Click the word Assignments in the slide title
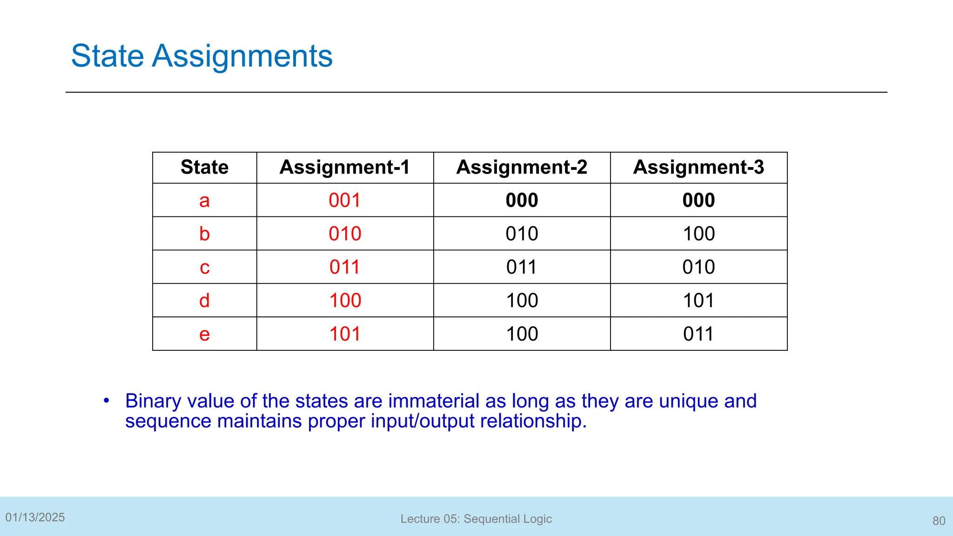(242, 56)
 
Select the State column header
(204, 167)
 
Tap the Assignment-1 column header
(344, 167)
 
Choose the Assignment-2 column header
(522, 167)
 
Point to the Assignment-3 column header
(698, 167)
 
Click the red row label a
(204, 201)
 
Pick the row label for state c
(204, 268)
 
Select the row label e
(204, 334)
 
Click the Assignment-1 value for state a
(344, 201)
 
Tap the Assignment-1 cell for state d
(345, 301)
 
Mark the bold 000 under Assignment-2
(522, 201)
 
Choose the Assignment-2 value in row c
(522, 268)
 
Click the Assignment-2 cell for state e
(522, 334)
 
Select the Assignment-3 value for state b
(698, 234)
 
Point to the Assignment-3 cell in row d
(698, 301)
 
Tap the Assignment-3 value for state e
(698, 334)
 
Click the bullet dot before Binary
(107, 400)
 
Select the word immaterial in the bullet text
(434, 401)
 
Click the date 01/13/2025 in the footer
(35, 517)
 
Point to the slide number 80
(939, 521)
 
